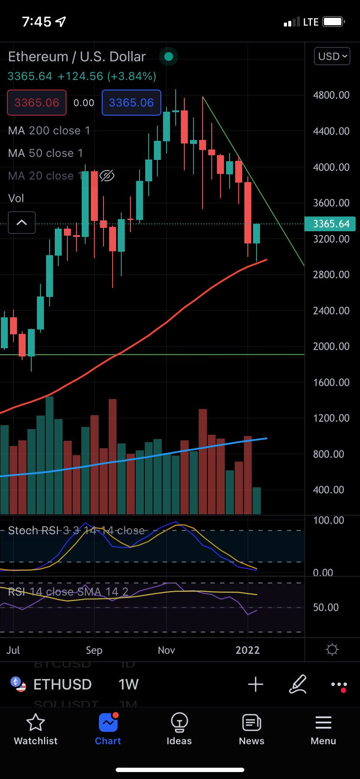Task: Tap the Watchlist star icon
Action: (x=36, y=722)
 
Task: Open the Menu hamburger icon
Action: (x=323, y=722)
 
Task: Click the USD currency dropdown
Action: (x=332, y=57)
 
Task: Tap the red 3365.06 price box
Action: (x=37, y=103)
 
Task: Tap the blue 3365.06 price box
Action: (x=131, y=103)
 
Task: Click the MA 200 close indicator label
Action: (x=49, y=130)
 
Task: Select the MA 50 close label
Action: (x=45, y=153)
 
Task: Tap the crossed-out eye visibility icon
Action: (x=107, y=176)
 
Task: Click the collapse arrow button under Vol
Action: (x=22, y=223)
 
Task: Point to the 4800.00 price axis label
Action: (x=331, y=95)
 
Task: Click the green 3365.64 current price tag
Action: (x=330, y=224)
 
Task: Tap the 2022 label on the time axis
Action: (x=247, y=650)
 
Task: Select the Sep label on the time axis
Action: (x=94, y=650)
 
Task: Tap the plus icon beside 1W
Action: (x=256, y=684)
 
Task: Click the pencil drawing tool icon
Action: (x=298, y=684)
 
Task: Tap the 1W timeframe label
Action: (x=128, y=684)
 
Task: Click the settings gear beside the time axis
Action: (x=332, y=650)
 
